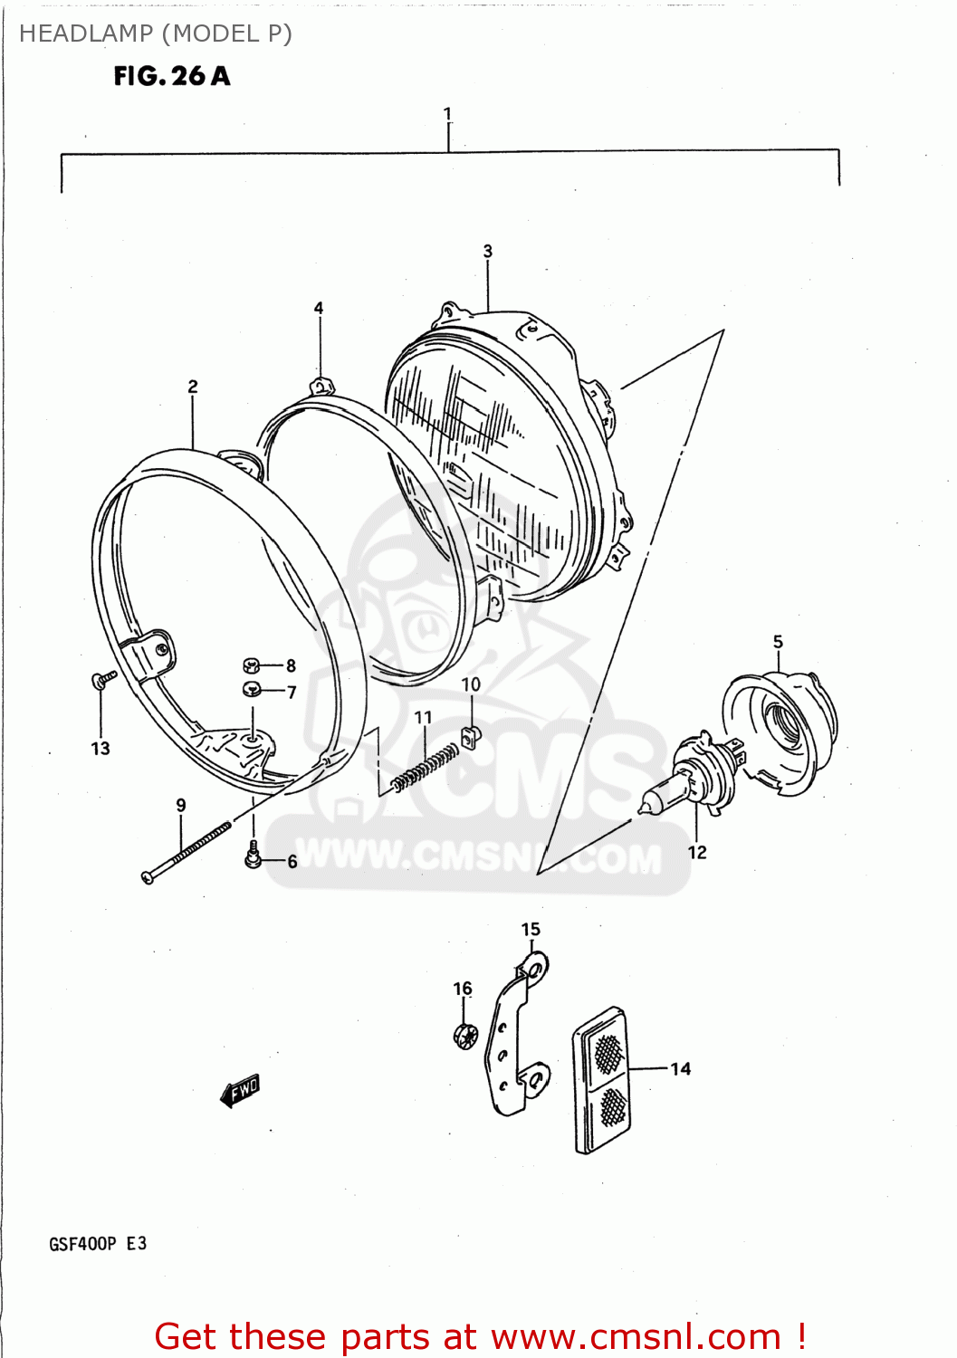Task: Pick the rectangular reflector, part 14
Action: (x=600, y=1079)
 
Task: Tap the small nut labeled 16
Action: (x=464, y=1036)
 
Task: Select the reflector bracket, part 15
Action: (x=516, y=1032)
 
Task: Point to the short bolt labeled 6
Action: (x=254, y=854)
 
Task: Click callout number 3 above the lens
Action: (x=488, y=251)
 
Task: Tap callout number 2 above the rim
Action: (x=193, y=387)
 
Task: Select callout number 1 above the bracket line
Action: (x=447, y=114)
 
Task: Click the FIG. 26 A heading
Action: (x=172, y=76)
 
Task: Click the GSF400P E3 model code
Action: (x=98, y=1244)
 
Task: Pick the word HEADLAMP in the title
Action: (x=86, y=33)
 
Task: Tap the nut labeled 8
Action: (x=252, y=666)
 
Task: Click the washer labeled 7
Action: (x=252, y=690)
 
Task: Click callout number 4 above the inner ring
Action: (x=319, y=308)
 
